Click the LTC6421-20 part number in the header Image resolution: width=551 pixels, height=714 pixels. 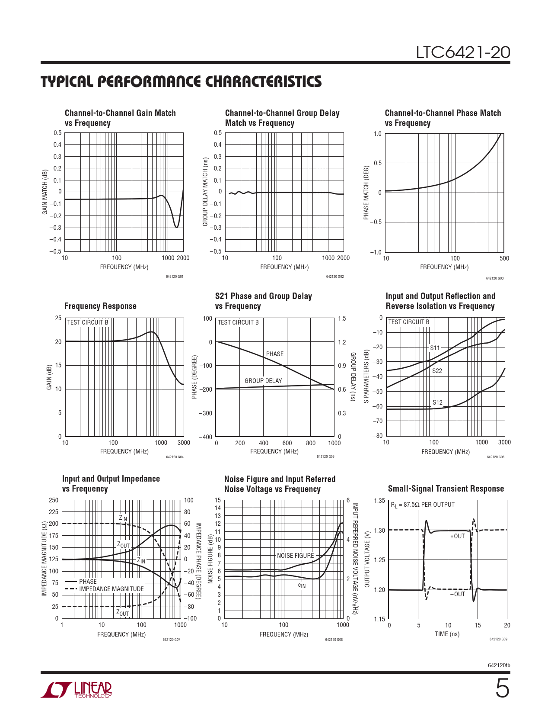463,52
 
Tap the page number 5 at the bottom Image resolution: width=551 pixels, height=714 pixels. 502,688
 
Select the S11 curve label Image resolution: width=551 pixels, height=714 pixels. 435,348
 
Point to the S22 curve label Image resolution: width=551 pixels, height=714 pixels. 437,371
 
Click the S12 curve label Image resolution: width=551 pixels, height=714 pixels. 437,402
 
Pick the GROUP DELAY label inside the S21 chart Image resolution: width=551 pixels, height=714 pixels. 263,381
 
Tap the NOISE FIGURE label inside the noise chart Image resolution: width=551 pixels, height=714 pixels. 296,556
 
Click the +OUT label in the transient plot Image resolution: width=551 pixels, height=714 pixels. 458,536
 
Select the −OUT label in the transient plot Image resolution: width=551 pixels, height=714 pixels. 458,594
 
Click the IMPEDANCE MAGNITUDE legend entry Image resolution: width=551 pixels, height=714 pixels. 111,589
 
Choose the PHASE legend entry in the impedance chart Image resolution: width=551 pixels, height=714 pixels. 88,582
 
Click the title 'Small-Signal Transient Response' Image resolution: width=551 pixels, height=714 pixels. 446,489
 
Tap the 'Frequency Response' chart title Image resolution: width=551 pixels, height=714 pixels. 100,306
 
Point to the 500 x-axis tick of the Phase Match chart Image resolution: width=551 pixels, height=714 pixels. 504,258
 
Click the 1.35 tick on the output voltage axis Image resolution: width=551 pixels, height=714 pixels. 379,501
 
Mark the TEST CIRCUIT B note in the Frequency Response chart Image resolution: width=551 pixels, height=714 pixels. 88,322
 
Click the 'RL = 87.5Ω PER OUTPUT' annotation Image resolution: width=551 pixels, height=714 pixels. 423,505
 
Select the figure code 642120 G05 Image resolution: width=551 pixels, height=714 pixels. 325,457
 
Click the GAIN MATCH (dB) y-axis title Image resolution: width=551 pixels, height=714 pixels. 45,192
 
